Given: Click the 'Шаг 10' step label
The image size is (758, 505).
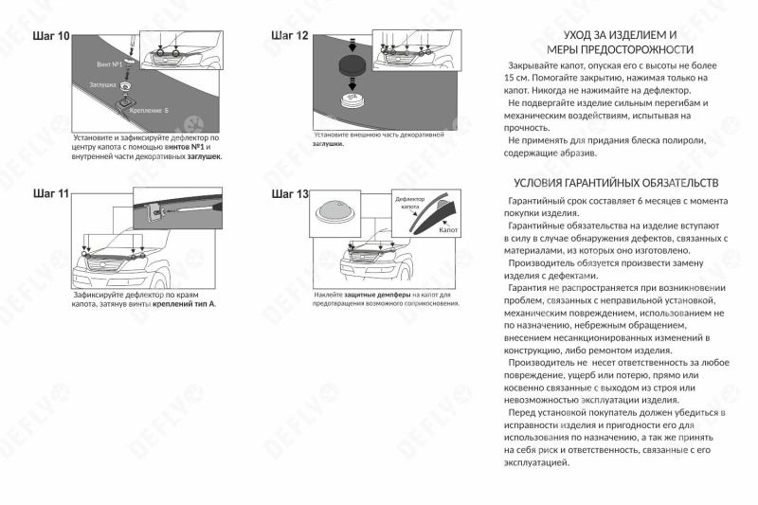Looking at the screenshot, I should click(x=51, y=36).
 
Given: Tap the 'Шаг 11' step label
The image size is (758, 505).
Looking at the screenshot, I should click(x=51, y=193).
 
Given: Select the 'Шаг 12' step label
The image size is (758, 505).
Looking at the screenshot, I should click(x=290, y=36).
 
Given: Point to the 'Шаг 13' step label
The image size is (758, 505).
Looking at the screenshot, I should click(x=290, y=194).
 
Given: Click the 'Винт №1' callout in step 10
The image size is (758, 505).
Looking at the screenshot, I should click(x=110, y=63).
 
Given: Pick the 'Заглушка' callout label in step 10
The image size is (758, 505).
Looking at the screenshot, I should click(x=102, y=85).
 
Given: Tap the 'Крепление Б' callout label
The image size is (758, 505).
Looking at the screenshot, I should click(x=151, y=110).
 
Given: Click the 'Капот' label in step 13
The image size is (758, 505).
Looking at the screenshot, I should click(x=449, y=229).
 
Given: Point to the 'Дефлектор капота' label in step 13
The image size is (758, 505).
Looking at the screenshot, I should click(x=409, y=203).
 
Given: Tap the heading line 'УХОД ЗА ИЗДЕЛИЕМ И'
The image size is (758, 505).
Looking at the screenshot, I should click(x=620, y=34).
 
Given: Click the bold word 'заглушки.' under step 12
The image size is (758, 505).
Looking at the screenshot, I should click(x=329, y=143).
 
